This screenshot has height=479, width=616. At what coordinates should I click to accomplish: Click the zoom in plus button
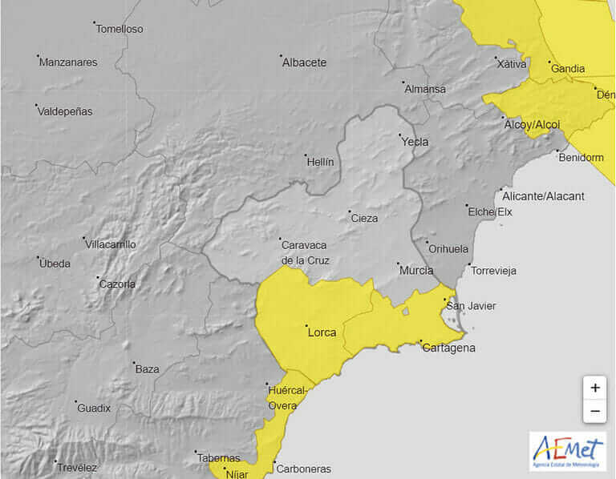point(594,388)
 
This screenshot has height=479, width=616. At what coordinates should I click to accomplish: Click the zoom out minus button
point(594,411)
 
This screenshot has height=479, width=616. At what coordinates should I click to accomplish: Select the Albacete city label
point(304,62)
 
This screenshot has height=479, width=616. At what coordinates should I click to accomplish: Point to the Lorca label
point(322,332)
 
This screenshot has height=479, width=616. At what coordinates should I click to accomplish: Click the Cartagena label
point(448,348)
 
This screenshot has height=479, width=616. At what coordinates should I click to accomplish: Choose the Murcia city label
point(416,270)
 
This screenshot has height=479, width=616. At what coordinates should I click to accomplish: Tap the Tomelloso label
point(119,29)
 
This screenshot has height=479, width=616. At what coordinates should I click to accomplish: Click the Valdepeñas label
point(65,111)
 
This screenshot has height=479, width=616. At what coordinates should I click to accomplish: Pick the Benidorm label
point(581,157)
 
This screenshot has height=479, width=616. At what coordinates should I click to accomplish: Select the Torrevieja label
point(494,271)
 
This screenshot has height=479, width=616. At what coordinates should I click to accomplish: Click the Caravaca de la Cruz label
point(305,252)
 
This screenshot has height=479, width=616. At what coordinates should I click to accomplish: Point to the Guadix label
point(94,408)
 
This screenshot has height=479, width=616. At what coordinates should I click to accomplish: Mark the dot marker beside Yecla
point(399,135)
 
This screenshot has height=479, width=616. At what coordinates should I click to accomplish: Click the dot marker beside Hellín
point(306,155)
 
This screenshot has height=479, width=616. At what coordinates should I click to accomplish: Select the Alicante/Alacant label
point(543,196)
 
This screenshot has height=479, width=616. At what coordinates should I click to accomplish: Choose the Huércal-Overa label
point(286,398)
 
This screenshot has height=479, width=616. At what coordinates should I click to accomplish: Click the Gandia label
point(568,69)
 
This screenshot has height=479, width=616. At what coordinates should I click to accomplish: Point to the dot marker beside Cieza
point(350,211)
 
